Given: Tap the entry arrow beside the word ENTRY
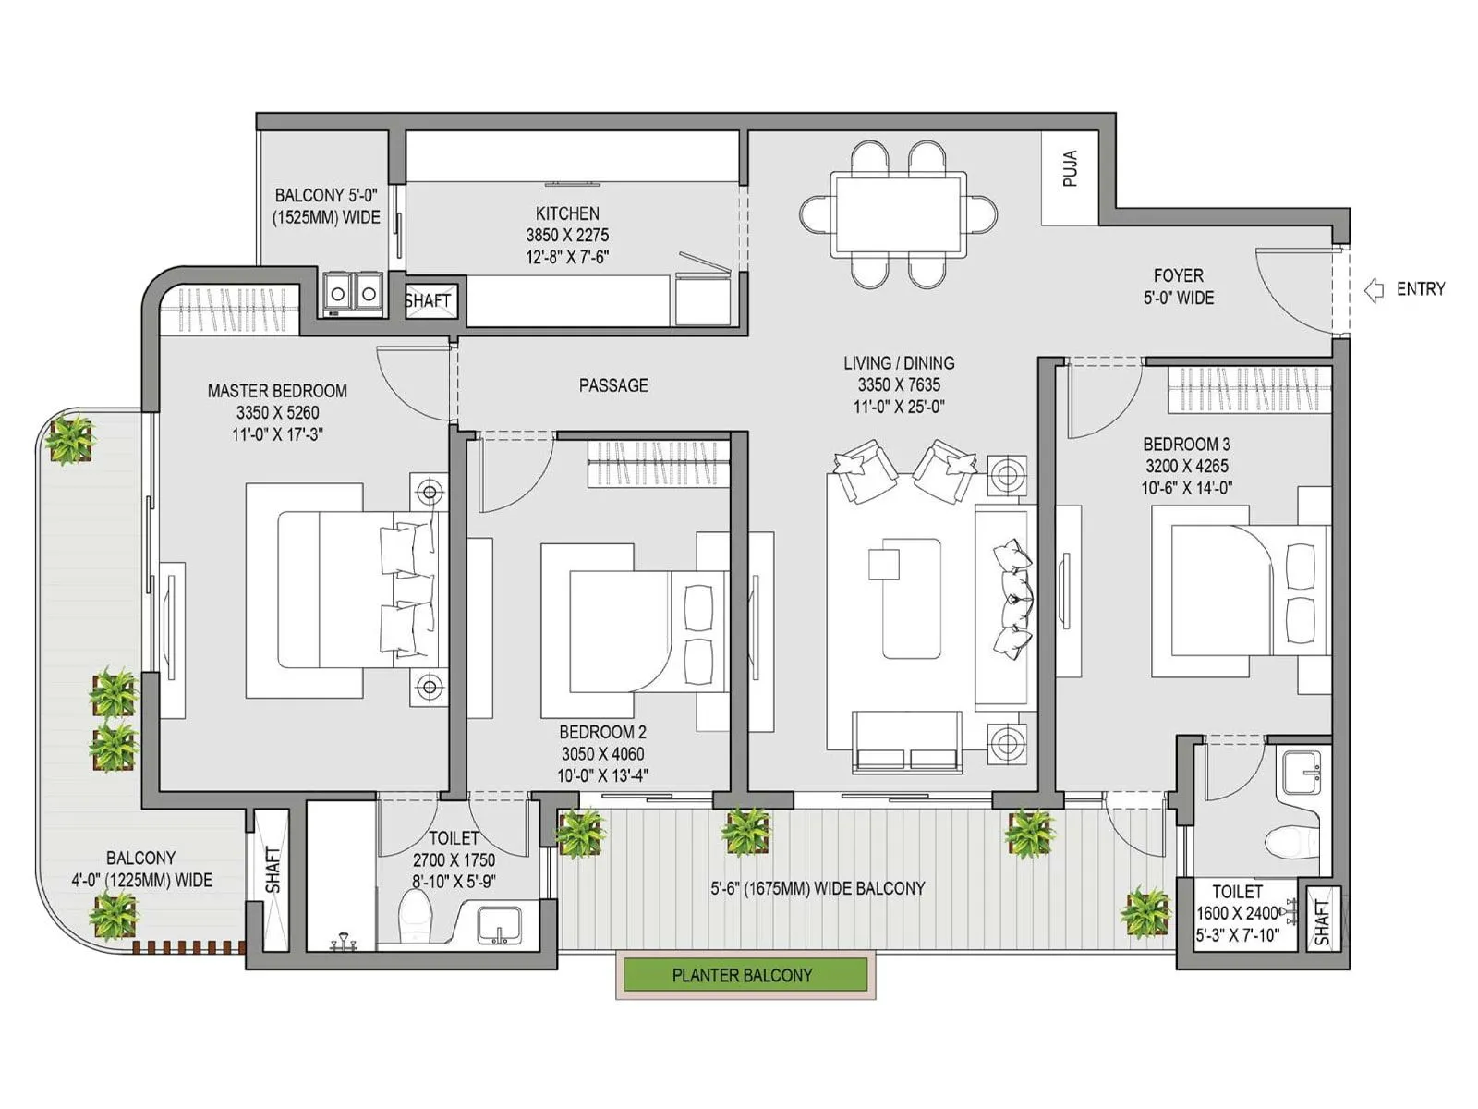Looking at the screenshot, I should coord(1375,289).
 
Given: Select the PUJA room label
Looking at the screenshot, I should coord(1070,168).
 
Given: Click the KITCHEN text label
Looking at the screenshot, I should coord(567,213).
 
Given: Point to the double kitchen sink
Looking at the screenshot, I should coord(353,294).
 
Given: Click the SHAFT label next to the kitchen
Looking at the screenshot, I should coord(428,300).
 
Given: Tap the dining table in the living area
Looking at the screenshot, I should coord(898,213).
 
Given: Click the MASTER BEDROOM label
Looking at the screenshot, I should coord(277,391).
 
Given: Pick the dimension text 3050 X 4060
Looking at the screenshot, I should coord(602,754).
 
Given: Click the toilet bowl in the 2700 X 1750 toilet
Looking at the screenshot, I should coord(415,915).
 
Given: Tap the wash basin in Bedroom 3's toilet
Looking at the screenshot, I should coord(1302,772).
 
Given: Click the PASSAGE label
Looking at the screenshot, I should coord(613,385).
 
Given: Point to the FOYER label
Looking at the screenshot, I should coord(1178,275).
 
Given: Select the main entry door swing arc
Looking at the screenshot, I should coord(1289,291).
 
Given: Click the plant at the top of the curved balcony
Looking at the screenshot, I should coord(70,438).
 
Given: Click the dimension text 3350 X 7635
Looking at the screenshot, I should coord(898,385).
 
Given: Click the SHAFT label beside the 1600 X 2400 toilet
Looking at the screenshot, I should coord(1322,921).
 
